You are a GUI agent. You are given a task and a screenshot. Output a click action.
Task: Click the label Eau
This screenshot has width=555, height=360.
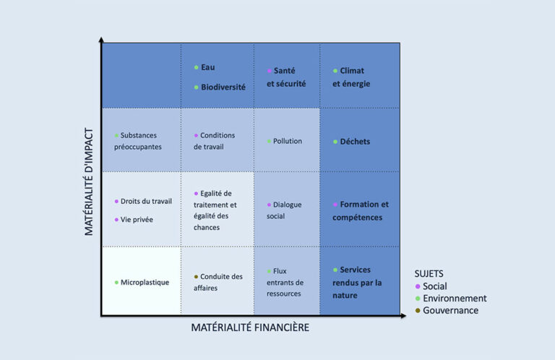(208, 67)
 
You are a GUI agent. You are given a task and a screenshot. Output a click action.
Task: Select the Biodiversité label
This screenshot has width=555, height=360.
(223, 87)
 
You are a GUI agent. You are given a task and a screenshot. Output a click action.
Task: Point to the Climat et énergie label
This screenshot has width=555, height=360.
(351, 77)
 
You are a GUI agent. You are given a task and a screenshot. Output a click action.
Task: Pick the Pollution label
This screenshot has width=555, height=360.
(288, 141)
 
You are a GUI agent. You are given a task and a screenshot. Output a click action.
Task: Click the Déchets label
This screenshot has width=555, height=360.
(355, 142)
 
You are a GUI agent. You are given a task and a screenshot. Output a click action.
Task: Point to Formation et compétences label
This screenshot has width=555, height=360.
(361, 210)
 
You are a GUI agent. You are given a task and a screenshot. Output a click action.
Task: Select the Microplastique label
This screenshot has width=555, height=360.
(145, 282)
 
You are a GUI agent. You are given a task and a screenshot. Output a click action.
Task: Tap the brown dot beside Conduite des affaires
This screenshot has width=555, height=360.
(196, 277)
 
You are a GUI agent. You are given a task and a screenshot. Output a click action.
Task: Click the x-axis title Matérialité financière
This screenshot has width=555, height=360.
(250, 327)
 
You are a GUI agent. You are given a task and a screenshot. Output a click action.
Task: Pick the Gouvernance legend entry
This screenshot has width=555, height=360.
(450, 310)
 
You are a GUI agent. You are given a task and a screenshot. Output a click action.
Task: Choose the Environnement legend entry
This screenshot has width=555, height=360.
(455, 298)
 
